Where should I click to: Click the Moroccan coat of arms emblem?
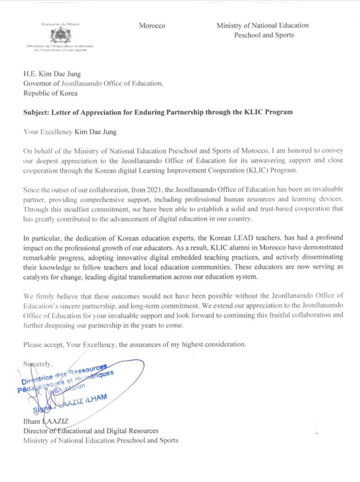coord(58,35)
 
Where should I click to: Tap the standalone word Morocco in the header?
coord(152,26)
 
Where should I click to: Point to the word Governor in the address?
coord(39,83)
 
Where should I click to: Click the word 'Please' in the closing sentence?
coord(33,344)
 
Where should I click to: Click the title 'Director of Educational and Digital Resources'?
coord(91,431)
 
